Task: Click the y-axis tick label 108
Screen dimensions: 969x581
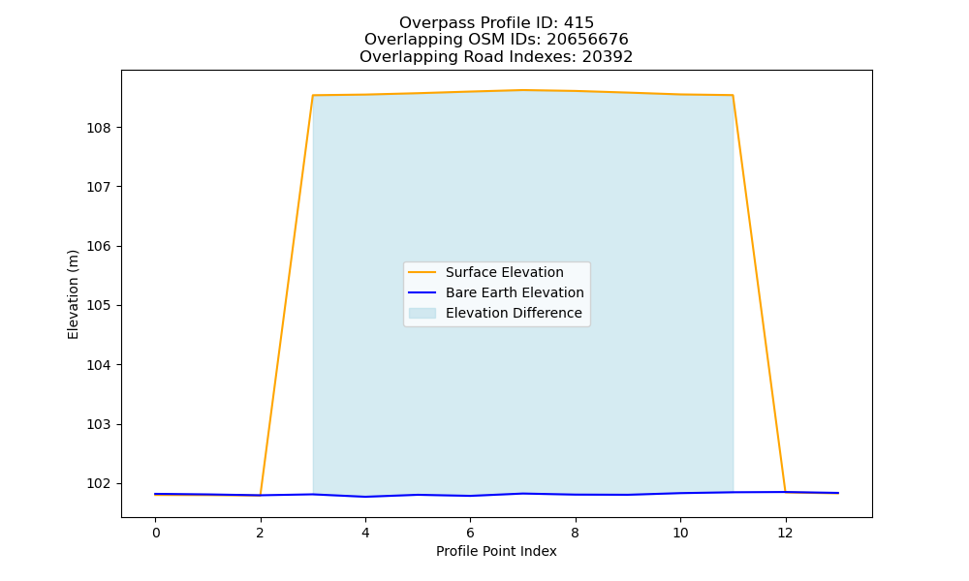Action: (98, 128)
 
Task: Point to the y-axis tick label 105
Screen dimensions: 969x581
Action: (98, 306)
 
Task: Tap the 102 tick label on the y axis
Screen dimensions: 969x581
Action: (98, 483)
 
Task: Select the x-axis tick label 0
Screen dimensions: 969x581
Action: (156, 533)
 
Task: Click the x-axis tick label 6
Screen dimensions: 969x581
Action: (470, 533)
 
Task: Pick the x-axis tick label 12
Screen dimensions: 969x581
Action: (785, 533)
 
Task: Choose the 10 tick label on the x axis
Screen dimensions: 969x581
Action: (680, 533)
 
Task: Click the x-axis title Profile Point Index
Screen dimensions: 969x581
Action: (496, 551)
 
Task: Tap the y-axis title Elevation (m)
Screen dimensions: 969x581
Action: (73, 294)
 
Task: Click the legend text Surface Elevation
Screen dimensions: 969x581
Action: (504, 272)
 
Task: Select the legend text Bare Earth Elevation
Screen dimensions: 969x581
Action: (515, 292)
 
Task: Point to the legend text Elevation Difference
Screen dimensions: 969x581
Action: (514, 313)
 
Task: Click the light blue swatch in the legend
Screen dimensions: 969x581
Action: (422, 313)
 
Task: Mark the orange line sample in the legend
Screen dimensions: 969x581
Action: (422, 272)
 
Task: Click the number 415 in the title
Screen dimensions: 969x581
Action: (579, 23)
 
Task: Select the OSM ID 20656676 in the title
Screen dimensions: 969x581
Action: (588, 40)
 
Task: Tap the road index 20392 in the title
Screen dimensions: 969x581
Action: (608, 57)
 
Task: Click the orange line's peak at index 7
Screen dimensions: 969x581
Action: (523, 90)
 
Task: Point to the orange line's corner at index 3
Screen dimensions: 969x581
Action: (313, 96)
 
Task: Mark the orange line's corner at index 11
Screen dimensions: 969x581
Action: (733, 96)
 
